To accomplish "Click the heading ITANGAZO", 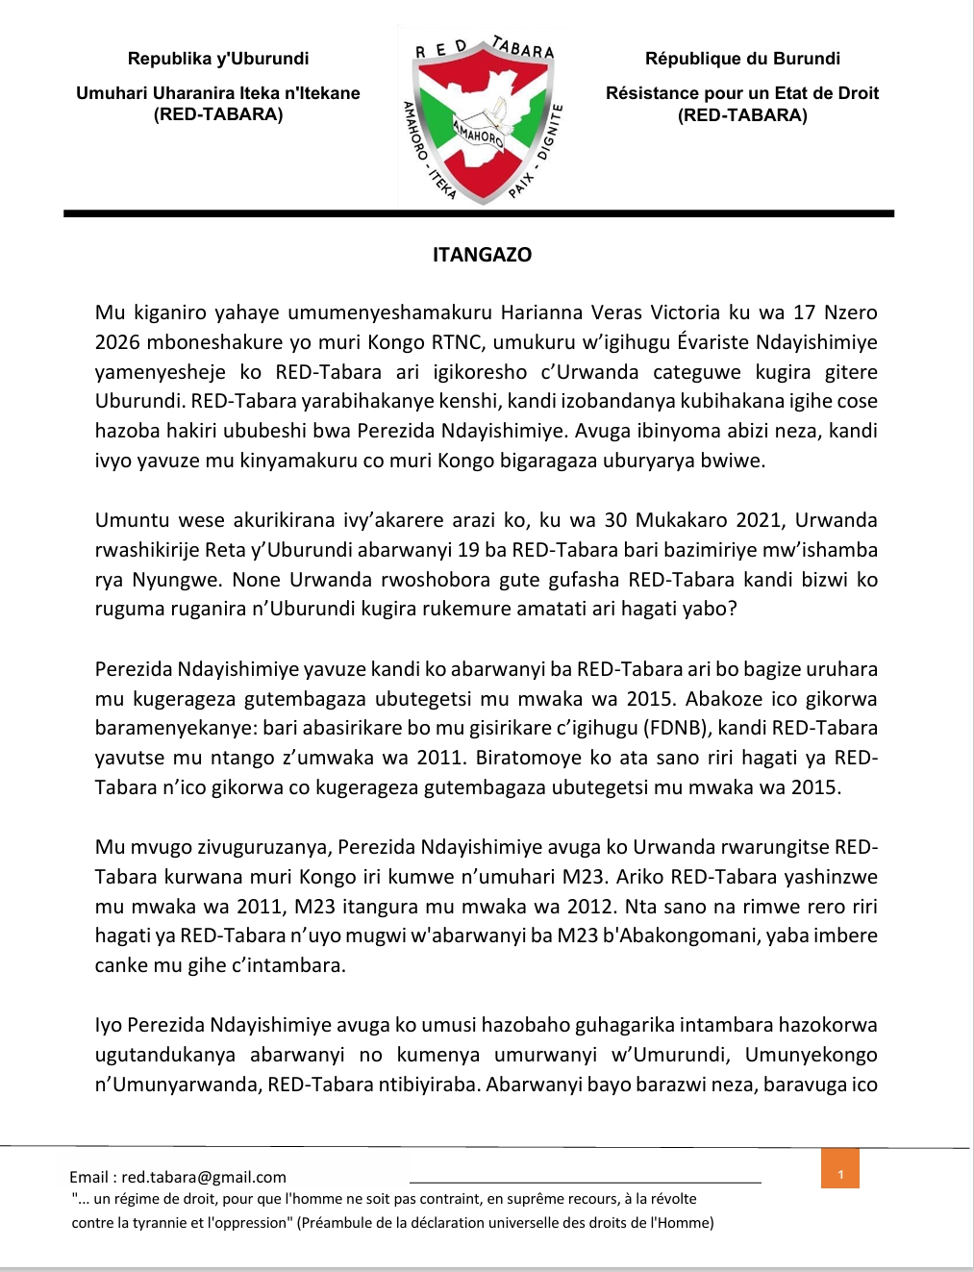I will [482, 255].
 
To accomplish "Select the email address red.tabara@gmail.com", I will [204, 1177].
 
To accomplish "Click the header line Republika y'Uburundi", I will [218, 59].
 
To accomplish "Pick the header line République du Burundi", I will [742, 59].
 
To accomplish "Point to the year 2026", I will [117, 342].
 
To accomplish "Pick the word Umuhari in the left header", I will [109, 93].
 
